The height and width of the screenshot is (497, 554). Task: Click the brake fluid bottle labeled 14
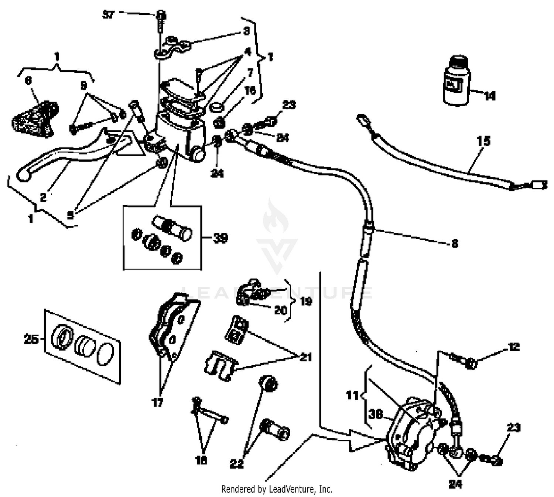click(x=455, y=81)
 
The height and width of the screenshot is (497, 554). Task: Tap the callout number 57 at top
click(x=109, y=15)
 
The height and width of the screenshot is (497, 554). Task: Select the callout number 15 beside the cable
click(x=483, y=141)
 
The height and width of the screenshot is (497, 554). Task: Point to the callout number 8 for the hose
click(x=455, y=243)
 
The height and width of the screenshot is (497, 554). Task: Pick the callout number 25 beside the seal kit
click(x=31, y=339)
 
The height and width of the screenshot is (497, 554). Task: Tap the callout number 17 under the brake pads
click(x=157, y=402)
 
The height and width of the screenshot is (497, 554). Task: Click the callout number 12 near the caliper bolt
click(x=514, y=347)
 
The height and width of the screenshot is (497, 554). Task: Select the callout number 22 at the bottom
click(x=236, y=464)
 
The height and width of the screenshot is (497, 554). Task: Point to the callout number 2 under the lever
click(x=43, y=197)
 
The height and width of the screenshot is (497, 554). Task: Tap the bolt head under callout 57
click(x=161, y=16)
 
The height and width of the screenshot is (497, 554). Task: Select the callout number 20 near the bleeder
click(x=280, y=310)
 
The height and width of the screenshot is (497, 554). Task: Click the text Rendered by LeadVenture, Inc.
click(x=277, y=489)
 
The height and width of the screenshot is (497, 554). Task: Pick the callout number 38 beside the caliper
click(x=375, y=414)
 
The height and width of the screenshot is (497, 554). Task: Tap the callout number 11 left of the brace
click(x=352, y=395)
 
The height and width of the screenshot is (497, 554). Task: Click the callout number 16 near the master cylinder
click(x=250, y=91)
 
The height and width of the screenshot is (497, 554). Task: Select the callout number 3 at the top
click(x=246, y=31)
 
